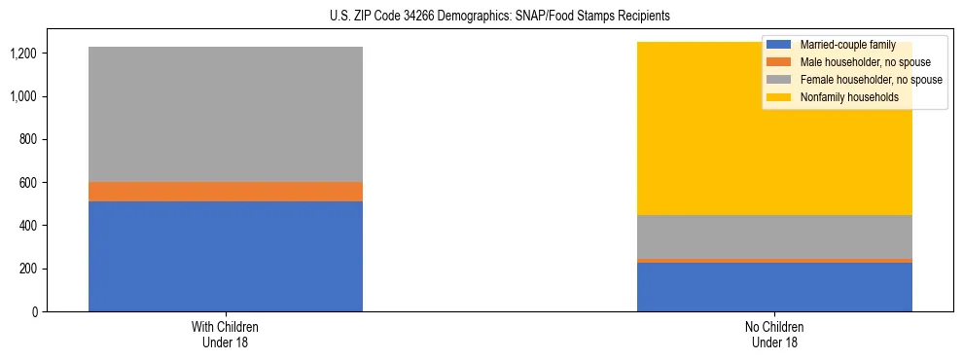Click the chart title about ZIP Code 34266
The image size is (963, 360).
[481, 17]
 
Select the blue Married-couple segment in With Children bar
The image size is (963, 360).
[226, 256]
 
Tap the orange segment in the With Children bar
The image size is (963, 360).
[226, 192]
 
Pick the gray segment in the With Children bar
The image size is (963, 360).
[226, 114]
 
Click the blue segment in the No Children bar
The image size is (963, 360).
[774, 287]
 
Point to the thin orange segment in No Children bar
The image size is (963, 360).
[774, 261]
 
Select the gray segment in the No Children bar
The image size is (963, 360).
[774, 236]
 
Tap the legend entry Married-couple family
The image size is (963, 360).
[846, 45]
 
